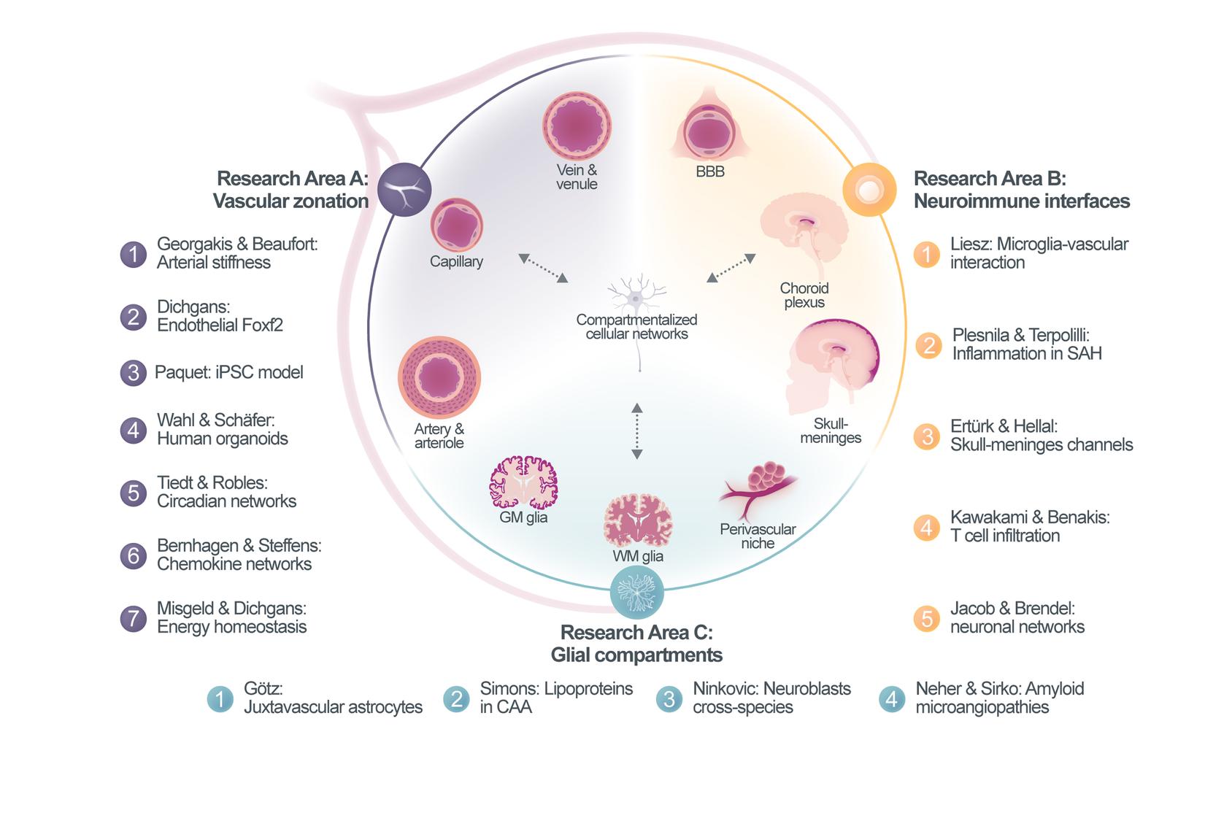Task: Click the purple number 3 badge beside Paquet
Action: coord(133,373)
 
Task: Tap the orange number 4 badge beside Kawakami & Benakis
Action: coord(926,527)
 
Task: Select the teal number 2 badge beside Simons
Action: coord(456,699)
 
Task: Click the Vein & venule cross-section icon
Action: coord(577,126)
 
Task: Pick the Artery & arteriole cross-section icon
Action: coord(439,378)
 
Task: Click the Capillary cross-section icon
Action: coord(456,226)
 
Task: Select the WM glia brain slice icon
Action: coord(637,520)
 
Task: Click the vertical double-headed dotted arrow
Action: coord(636,431)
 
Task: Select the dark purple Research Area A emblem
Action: coord(404,189)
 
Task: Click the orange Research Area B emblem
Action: coord(869,190)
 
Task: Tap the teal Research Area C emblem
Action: coord(636,591)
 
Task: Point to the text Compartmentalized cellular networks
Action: coord(636,327)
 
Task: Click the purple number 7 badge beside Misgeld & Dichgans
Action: coord(133,619)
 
